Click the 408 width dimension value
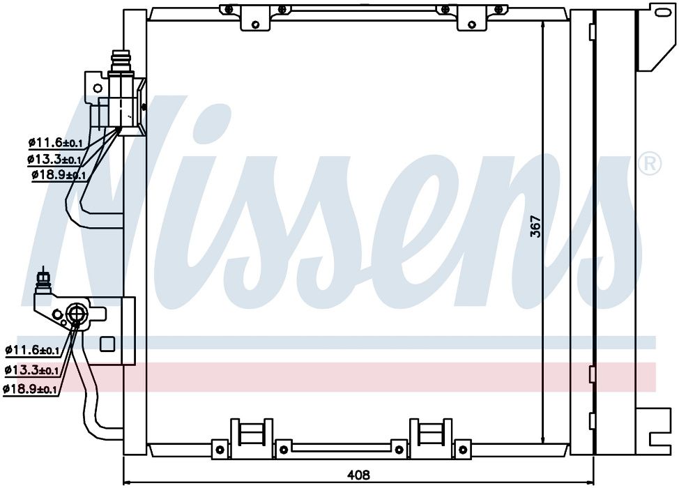358,475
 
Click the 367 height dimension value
536,226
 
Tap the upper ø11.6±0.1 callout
56,142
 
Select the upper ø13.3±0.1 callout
54,160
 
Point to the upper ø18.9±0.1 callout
59,176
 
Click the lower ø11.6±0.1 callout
32,349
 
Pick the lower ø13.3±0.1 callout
31,369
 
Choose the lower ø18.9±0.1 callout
29,389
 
